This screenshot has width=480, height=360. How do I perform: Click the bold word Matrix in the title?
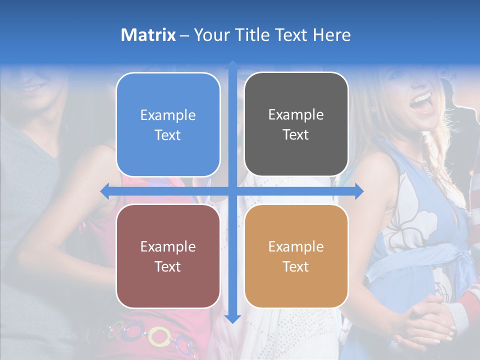tap(148, 35)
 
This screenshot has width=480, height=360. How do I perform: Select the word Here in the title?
tap(331, 35)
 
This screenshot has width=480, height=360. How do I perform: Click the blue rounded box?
tap(168, 124)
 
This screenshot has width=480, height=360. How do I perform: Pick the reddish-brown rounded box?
tap(168, 256)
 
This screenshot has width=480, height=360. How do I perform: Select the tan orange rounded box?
tap(296, 256)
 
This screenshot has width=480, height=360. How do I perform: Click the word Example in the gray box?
tap(296, 114)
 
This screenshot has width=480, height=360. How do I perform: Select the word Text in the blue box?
tap(168, 135)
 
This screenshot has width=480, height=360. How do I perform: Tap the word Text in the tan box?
tap(296, 266)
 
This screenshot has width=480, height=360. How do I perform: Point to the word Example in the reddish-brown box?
tap(168, 246)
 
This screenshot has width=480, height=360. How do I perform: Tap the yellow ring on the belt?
tap(159, 336)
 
